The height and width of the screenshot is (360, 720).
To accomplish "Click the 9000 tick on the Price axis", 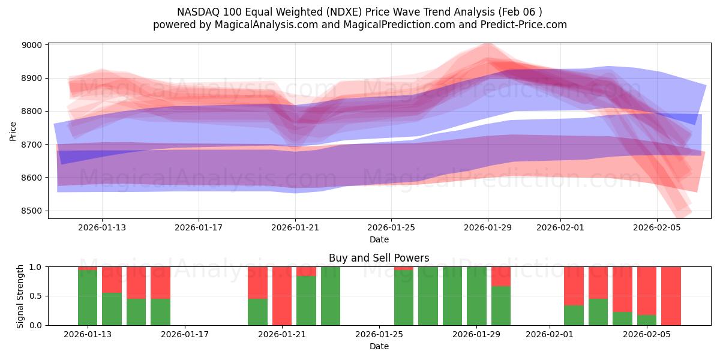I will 33,45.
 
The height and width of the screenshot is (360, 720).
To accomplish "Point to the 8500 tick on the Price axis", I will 33,211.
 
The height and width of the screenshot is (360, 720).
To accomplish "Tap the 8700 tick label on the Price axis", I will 33,145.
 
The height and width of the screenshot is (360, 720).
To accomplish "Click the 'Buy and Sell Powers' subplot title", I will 379,258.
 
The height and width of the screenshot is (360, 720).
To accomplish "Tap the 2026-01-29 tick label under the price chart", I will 488,227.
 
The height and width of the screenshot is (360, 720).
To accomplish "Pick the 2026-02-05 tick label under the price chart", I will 657,227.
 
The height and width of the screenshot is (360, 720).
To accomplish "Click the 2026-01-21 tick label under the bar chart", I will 282,334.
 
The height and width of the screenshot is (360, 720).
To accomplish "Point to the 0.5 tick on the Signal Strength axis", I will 36,296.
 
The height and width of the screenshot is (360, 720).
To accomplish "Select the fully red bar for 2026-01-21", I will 282,296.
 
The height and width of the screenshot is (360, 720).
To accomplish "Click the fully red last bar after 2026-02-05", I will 671,296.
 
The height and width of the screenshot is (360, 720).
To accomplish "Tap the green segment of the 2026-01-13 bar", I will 88,298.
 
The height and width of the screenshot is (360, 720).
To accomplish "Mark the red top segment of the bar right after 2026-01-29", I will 501,276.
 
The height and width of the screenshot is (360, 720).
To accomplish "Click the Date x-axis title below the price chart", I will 379,239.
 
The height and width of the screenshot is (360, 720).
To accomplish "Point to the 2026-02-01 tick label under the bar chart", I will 550,334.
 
